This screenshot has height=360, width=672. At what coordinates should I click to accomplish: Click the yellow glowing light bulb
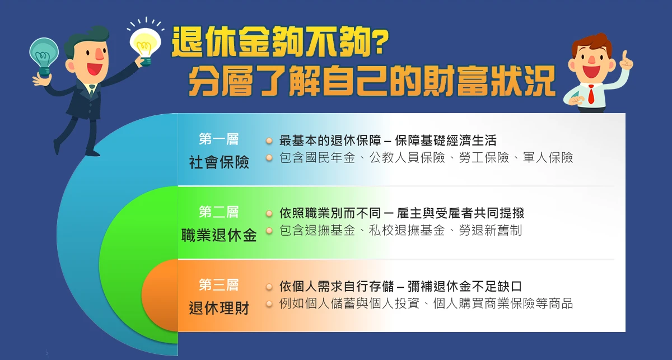click(x=146, y=44)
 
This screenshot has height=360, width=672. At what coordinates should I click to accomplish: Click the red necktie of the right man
click(x=591, y=94)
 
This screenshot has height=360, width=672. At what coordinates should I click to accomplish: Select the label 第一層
click(x=219, y=139)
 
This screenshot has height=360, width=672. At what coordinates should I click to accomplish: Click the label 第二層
click(x=219, y=212)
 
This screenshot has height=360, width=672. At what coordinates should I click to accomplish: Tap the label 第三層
click(x=219, y=285)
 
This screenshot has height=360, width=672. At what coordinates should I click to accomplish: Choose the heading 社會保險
click(x=219, y=162)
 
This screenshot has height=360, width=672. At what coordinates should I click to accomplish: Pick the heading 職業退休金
click(x=219, y=235)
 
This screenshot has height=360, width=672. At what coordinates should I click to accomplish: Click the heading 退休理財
click(x=219, y=308)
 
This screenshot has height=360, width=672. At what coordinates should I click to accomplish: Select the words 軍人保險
click(x=548, y=158)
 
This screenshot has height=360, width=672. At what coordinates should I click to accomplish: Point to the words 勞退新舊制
click(x=491, y=231)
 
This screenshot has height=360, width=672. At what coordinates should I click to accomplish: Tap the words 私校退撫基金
click(x=407, y=231)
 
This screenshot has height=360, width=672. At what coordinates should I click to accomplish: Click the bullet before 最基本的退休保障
click(x=269, y=141)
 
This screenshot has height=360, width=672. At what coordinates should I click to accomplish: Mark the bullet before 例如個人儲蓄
click(x=269, y=304)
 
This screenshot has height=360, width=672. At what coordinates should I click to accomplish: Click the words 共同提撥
click(x=499, y=213)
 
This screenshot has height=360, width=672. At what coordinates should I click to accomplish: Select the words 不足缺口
click(x=497, y=287)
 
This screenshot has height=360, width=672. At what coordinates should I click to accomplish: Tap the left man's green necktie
click(x=91, y=91)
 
